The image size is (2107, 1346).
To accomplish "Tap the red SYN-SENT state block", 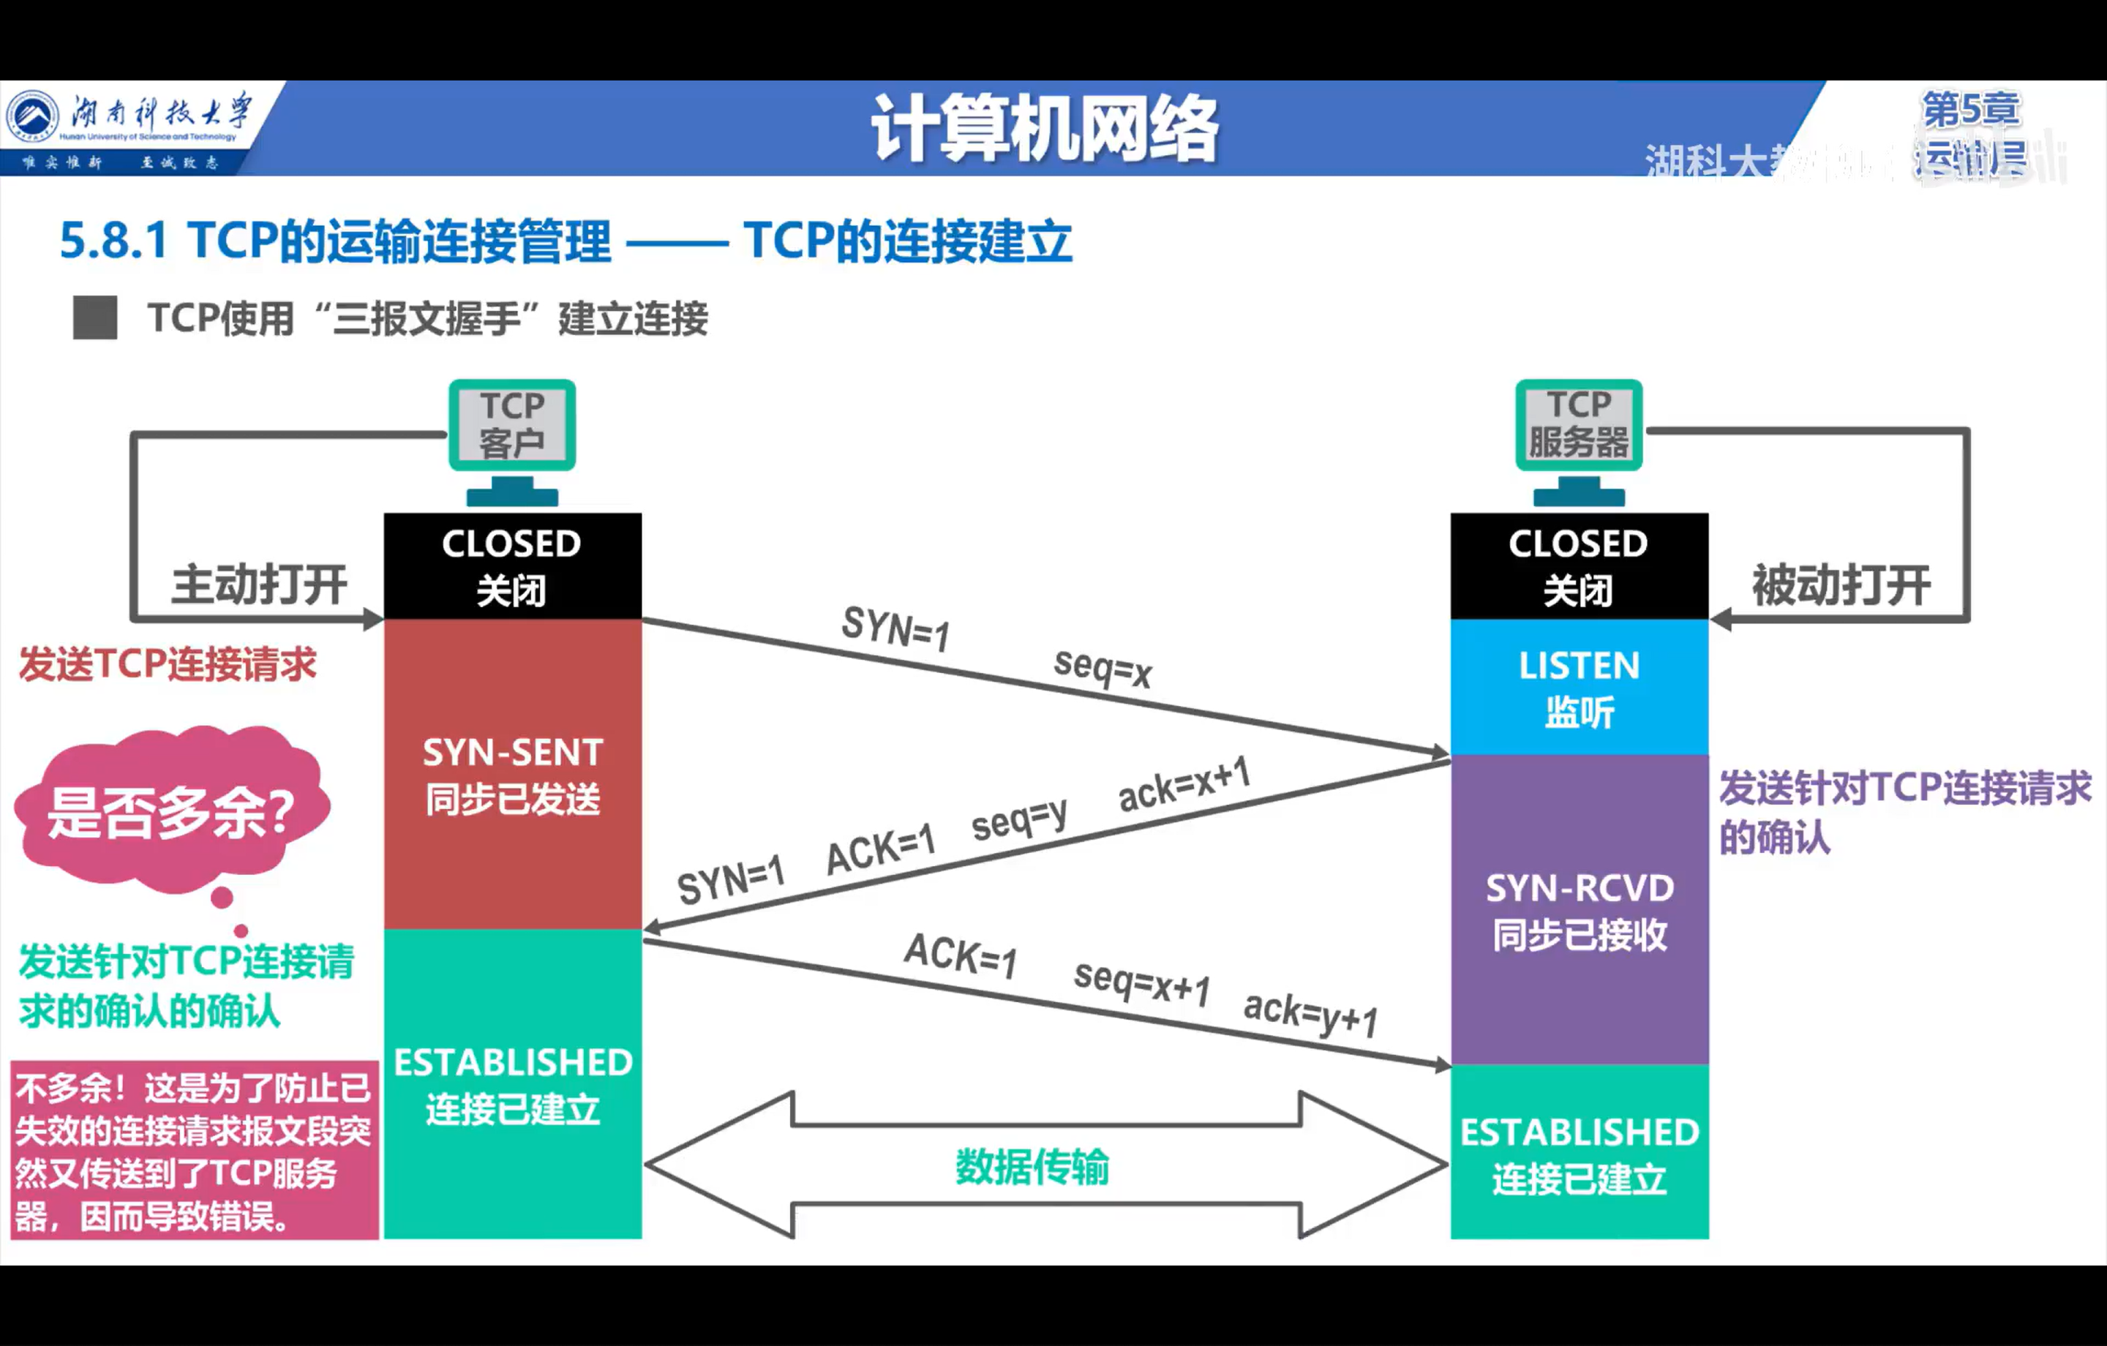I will coord(513,774).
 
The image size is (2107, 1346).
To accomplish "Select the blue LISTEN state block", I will coord(1580,688).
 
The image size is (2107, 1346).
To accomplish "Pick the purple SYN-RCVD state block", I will coord(1580,910).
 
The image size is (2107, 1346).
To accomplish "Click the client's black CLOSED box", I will coord(513,565).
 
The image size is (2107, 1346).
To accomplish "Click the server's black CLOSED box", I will coord(1580,565).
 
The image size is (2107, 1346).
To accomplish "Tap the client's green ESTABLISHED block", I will coord(513,1084).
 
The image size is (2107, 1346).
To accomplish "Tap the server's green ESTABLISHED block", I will coord(1580,1154).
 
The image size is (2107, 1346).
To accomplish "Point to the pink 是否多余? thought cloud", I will coord(171,811).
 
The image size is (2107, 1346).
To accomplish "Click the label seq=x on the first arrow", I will coord(1103,668).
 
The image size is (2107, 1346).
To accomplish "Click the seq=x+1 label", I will coord(1142,982).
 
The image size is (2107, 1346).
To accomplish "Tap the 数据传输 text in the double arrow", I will coord(1032,1167).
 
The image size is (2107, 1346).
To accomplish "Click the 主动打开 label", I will coord(259,584).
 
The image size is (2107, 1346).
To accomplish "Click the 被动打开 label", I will coord(1841,584).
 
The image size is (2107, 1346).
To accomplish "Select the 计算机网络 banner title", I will coord(1045,129).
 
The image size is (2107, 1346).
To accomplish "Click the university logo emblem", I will coord(32,116).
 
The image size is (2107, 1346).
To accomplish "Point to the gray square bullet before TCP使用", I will coord(95,317).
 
